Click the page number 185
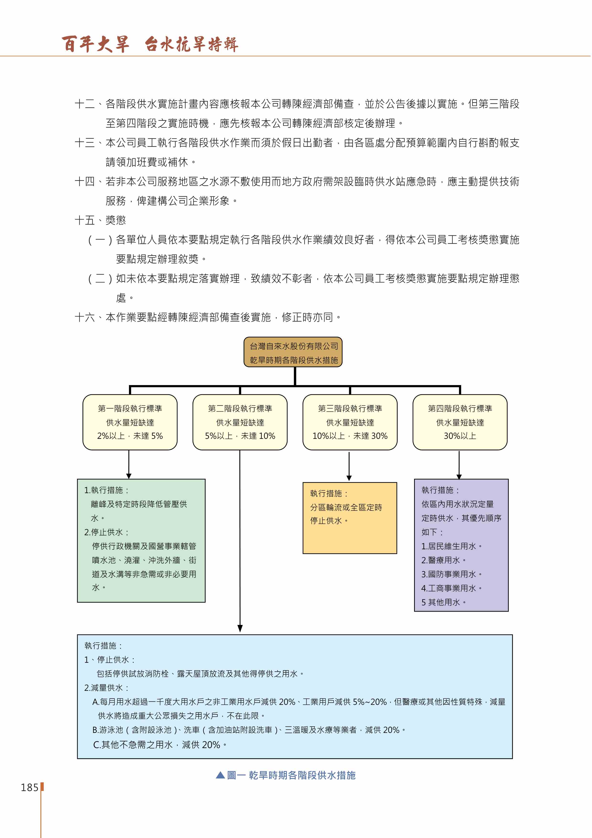tap(30, 788)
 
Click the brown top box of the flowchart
tap(293, 352)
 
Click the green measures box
tap(141, 541)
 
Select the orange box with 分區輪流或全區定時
tap(350, 518)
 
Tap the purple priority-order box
tap(461, 545)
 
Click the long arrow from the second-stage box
tap(240, 541)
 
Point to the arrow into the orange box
tap(349, 467)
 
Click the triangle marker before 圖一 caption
tap(220, 775)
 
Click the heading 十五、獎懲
tap(100, 220)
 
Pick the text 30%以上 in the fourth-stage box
tap(460, 436)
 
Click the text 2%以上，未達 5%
tap(130, 436)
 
